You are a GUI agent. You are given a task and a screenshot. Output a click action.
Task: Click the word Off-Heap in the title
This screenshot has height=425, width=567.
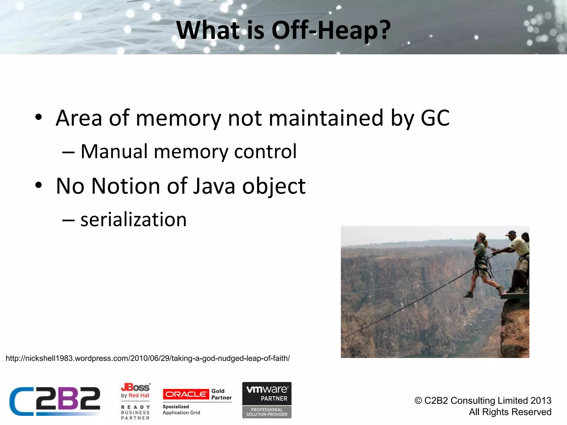331,30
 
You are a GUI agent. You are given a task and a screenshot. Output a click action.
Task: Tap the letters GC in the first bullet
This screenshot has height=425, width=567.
435,118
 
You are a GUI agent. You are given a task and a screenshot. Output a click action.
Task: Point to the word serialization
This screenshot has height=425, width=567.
133,220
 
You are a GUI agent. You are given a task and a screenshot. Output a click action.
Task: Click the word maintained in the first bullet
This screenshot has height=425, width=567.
326,118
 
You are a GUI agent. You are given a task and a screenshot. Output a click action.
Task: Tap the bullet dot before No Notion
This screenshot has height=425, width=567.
38,185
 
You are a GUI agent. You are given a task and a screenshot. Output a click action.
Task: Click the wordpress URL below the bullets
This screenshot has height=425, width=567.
148,358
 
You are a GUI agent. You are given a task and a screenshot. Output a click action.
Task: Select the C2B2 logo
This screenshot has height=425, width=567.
55,401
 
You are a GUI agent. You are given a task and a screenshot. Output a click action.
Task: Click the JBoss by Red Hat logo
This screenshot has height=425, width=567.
135,390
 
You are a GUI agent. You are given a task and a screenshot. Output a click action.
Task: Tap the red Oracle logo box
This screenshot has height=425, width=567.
186,394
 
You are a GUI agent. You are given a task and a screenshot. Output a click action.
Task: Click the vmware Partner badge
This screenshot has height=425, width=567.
267,400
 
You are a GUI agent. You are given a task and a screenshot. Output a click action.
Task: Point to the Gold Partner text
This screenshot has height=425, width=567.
221,394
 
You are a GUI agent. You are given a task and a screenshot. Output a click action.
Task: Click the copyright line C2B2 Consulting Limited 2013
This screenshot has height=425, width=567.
483,400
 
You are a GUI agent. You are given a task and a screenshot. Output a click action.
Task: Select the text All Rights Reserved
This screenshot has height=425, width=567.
510,412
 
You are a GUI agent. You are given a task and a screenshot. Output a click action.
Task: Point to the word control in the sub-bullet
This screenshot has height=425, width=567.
265,152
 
